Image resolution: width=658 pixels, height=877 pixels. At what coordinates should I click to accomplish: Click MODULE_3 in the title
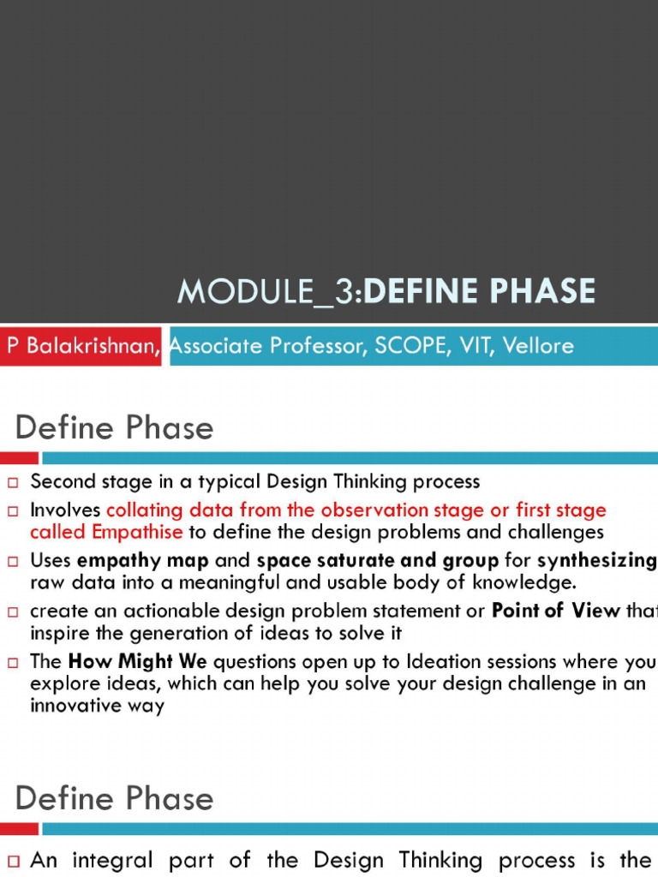coord(268,292)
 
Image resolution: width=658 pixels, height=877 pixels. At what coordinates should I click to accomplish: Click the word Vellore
coord(538,345)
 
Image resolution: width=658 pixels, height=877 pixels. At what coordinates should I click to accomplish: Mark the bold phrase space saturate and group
coord(377,562)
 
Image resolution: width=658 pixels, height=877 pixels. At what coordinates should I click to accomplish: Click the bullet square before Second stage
coord(13,482)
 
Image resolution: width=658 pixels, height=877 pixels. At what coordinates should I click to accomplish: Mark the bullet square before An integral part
coord(13,861)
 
